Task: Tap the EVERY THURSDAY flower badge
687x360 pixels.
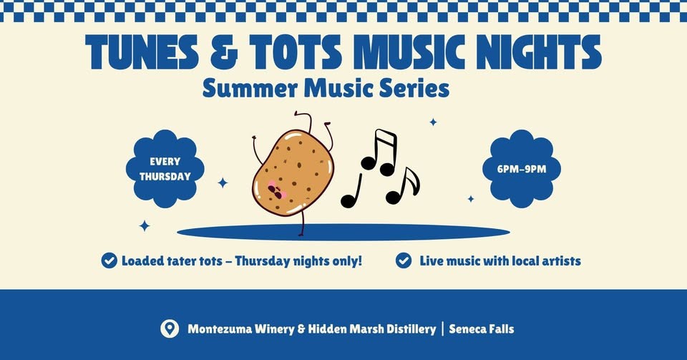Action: pos(165,169)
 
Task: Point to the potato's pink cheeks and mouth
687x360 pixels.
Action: pos(276,190)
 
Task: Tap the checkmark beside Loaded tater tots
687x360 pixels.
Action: pos(109,261)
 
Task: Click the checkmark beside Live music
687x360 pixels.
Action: pos(404,261)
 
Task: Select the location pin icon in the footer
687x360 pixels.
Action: pos(169,329)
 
